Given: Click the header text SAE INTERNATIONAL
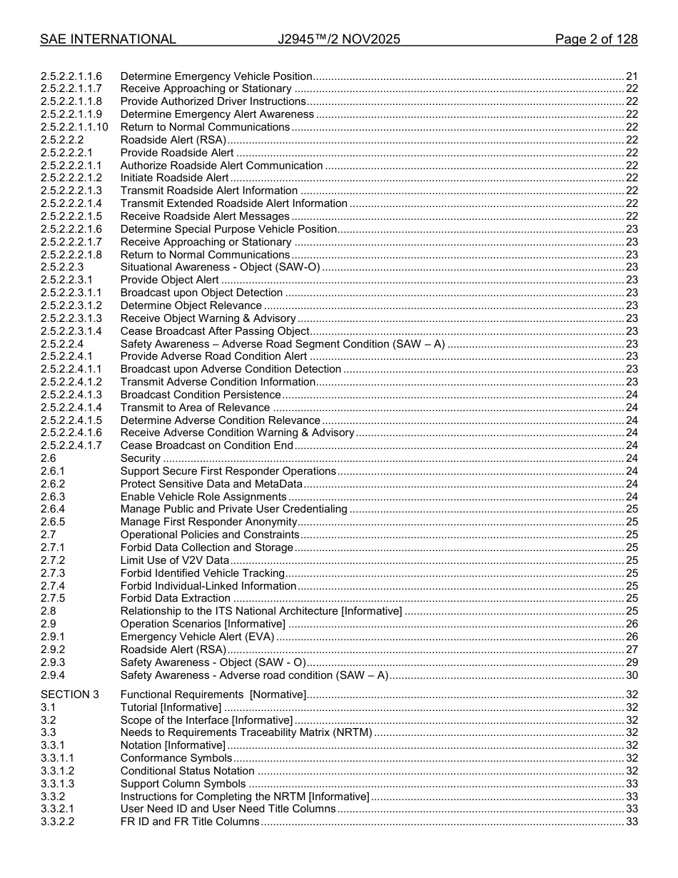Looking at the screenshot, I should tap(108, 39).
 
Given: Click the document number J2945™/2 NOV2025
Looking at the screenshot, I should tap(339, 39).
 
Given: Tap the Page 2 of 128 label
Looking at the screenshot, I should tap(596, 39).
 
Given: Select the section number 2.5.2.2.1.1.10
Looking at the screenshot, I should tap(74, 127).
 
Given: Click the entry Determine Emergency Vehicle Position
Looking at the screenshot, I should tap(216, 76).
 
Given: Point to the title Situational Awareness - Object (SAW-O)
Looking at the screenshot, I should tap(220, 267).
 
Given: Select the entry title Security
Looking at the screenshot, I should tap(141, 458).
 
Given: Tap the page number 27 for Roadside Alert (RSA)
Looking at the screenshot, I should tap(632, 650).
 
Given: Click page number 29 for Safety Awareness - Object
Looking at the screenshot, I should tap(632, 662).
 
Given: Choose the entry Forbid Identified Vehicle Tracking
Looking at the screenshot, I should tap(203, 573).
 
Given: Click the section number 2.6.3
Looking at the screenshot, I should tap(53, 497).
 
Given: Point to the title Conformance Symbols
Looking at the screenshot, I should tap(176, 758).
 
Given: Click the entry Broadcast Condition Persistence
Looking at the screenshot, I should tap(201, 395).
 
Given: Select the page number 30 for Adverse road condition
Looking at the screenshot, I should tap(632, 675).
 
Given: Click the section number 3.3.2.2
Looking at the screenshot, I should tap(58, 822).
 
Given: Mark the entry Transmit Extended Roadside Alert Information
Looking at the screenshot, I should tap(234, 203).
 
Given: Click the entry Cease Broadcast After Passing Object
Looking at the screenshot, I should tap(215, 331).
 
